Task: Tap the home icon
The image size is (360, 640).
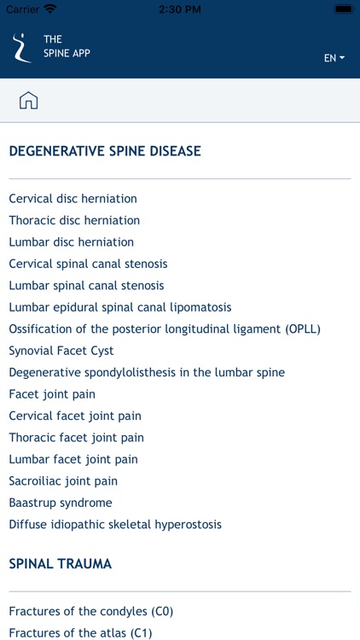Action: click(x=28, y=100)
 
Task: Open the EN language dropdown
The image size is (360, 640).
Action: click(x=334, y=58)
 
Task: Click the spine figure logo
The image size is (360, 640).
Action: click(x=21, y=48)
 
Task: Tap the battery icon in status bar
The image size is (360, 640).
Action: click(x=344, y=9)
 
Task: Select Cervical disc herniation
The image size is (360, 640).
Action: click(x=73, y=199)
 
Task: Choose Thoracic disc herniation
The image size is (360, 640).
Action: click(x=74, y=220)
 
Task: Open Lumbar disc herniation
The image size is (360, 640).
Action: click(x=72, y=242)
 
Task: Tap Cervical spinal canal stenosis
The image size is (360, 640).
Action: click(x=88, y=264)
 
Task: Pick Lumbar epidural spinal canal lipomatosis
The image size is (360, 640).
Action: click(x=120, y=307)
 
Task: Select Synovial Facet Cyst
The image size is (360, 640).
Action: click(x=61, y=351)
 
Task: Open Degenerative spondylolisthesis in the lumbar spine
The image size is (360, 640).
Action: click(x=147, y=372)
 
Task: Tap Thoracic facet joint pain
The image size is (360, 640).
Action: click(x=76, y=438)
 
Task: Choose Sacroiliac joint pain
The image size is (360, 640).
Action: click(x=63, y=480)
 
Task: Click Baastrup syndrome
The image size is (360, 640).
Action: click(x=61, y=503)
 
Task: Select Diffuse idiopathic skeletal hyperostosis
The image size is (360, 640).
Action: click(x=115, y=524)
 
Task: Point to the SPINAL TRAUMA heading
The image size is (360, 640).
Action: click(x=60, y=564)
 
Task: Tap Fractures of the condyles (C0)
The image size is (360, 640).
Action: click(x=91, y=612)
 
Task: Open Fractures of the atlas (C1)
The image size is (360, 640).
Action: click(x=80, y=633)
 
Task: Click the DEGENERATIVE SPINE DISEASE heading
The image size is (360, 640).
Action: click(x=105, y=151)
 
